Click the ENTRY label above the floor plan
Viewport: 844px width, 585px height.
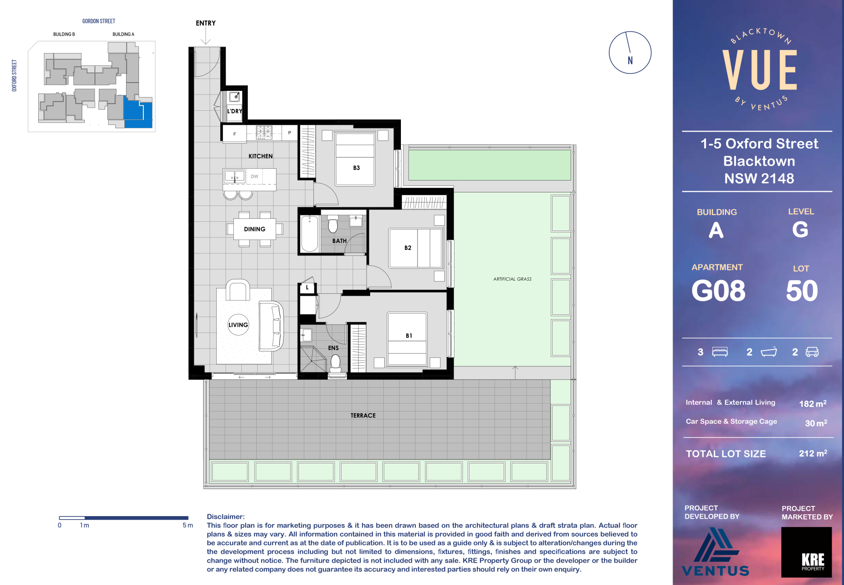(206, 23)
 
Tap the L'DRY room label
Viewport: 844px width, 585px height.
(235, 111)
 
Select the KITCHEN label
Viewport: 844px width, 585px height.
(261, 156)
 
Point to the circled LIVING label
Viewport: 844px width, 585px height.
(238, 325)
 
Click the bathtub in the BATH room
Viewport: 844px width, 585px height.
(309, 234)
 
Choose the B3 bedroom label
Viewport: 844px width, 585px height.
(357, 168)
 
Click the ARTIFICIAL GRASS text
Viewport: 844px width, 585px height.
(512, 279)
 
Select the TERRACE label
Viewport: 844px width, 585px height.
(363, 415)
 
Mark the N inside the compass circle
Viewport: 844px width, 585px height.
(630, 61)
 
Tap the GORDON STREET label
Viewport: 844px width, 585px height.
(99, 21)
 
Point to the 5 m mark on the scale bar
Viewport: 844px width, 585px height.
(188, 525)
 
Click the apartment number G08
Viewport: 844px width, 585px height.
(718, 291)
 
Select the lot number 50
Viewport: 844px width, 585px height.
(802, 291)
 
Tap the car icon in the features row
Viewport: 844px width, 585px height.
(812, 352)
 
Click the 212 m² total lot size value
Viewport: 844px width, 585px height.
(813, 453)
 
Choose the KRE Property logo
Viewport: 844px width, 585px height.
(807, 552)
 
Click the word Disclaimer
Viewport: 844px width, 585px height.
(226, 517)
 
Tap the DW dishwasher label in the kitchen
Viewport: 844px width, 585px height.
(255, 177)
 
